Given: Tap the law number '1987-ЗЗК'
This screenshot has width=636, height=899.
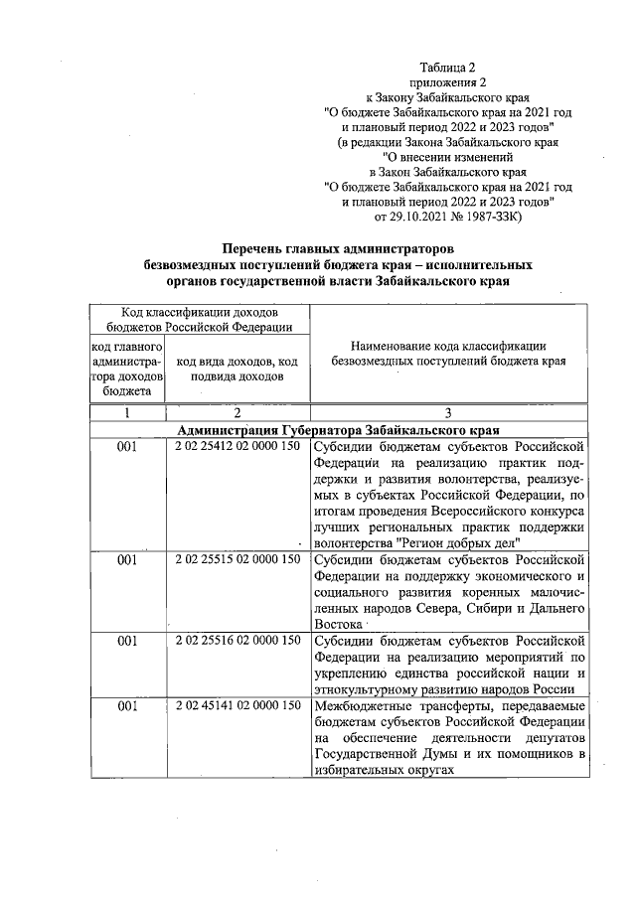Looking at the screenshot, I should click(505, 216).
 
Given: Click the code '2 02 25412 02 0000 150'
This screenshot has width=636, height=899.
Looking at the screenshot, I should click(237, 448).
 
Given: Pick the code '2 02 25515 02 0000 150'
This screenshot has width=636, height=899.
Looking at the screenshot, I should click(237, 560).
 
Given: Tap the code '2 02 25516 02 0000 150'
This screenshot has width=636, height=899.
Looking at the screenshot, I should click(237, 641).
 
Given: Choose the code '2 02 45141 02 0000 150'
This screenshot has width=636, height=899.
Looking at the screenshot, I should click(237, 706).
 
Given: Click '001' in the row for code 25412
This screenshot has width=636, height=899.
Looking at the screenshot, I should click(127, 448).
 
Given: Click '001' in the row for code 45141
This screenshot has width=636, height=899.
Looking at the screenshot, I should click(127, 706).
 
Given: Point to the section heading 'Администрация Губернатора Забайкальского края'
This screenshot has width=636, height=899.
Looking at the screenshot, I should click(338, 430).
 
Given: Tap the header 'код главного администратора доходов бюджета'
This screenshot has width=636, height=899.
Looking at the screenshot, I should click(127, 369).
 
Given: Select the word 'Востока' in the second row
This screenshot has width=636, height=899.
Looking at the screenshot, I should click(337, 623).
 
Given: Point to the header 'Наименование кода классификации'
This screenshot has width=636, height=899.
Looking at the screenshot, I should click(449, 345).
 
